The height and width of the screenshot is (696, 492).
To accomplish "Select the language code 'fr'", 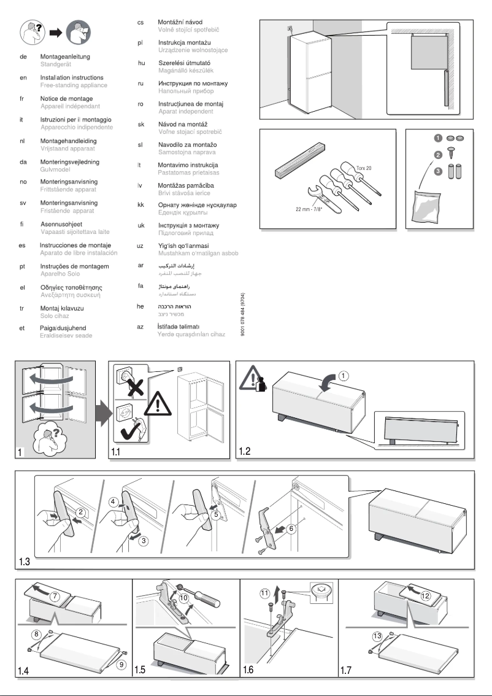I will coord(22,99).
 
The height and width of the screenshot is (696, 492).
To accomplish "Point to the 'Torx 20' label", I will coord(364,167).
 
